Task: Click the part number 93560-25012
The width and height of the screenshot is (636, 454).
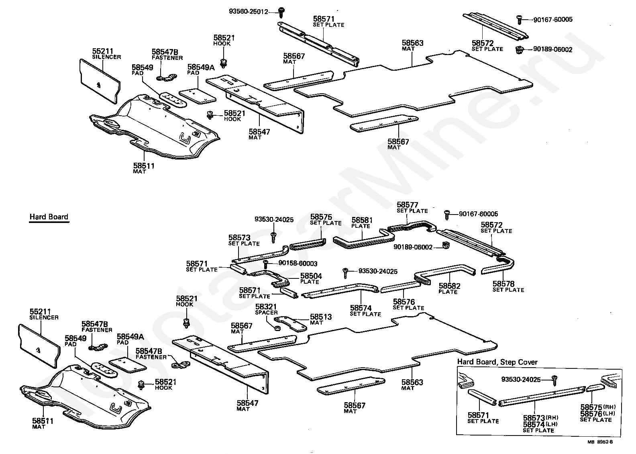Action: click(x=249, y=12)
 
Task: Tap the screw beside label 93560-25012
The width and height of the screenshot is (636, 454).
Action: click(x=281, y=12)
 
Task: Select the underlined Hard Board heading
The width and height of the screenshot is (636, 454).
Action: click(x=49, y=217)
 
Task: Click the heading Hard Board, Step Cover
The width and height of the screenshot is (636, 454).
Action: click(x=497, y=362)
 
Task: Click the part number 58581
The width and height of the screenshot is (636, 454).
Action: click(x=362, y=220)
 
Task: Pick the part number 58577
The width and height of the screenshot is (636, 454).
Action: click(x=408, y=205)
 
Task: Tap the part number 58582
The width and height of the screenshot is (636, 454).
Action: click(x=449, y=286)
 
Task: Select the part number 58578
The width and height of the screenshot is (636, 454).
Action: click(x=503, y=284)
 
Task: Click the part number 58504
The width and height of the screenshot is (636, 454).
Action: click(x=311, y=276)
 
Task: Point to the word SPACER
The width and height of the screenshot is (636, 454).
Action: click(x=266, y=313)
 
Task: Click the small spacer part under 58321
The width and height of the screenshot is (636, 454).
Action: click(x=278, y=329)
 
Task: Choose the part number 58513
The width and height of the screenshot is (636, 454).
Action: click(x=321, y=317)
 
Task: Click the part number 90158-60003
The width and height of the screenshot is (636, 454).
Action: click(x=298, y=264)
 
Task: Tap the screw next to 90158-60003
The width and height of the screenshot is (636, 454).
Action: click(x=266, y=264)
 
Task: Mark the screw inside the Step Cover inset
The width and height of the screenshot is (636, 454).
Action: click(x=554, y=380)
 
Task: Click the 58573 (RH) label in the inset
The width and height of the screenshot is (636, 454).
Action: click(x=540, y=418)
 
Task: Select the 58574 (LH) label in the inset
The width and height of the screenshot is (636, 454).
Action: click(x=540, y=424)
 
